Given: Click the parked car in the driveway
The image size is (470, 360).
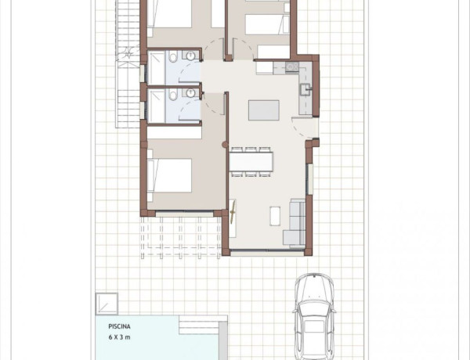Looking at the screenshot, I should tap(316, 317).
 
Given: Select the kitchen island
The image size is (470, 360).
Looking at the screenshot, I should tap(263, 110).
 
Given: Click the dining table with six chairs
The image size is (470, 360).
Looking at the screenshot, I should tap(251, 160).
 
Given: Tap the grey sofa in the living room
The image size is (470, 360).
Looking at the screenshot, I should tap(296, 223).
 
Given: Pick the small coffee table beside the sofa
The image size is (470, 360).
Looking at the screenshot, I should tap(275, 215).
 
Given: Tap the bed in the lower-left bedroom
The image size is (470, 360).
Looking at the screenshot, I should tap(168, 176).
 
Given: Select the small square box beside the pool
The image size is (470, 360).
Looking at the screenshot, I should tap(107, 303).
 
